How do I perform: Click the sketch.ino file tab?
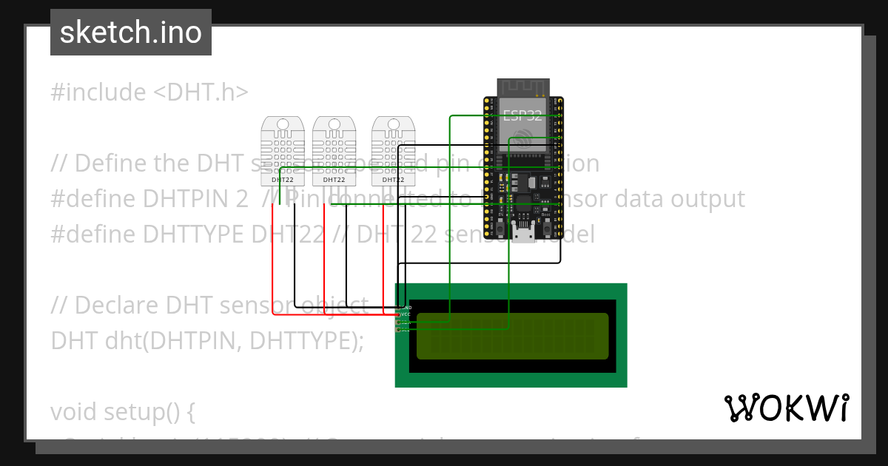tap(131, 33)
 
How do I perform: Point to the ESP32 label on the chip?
tap(522, 115)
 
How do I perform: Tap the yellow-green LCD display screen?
tap(512, 335)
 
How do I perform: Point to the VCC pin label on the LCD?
tap(405, 314)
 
